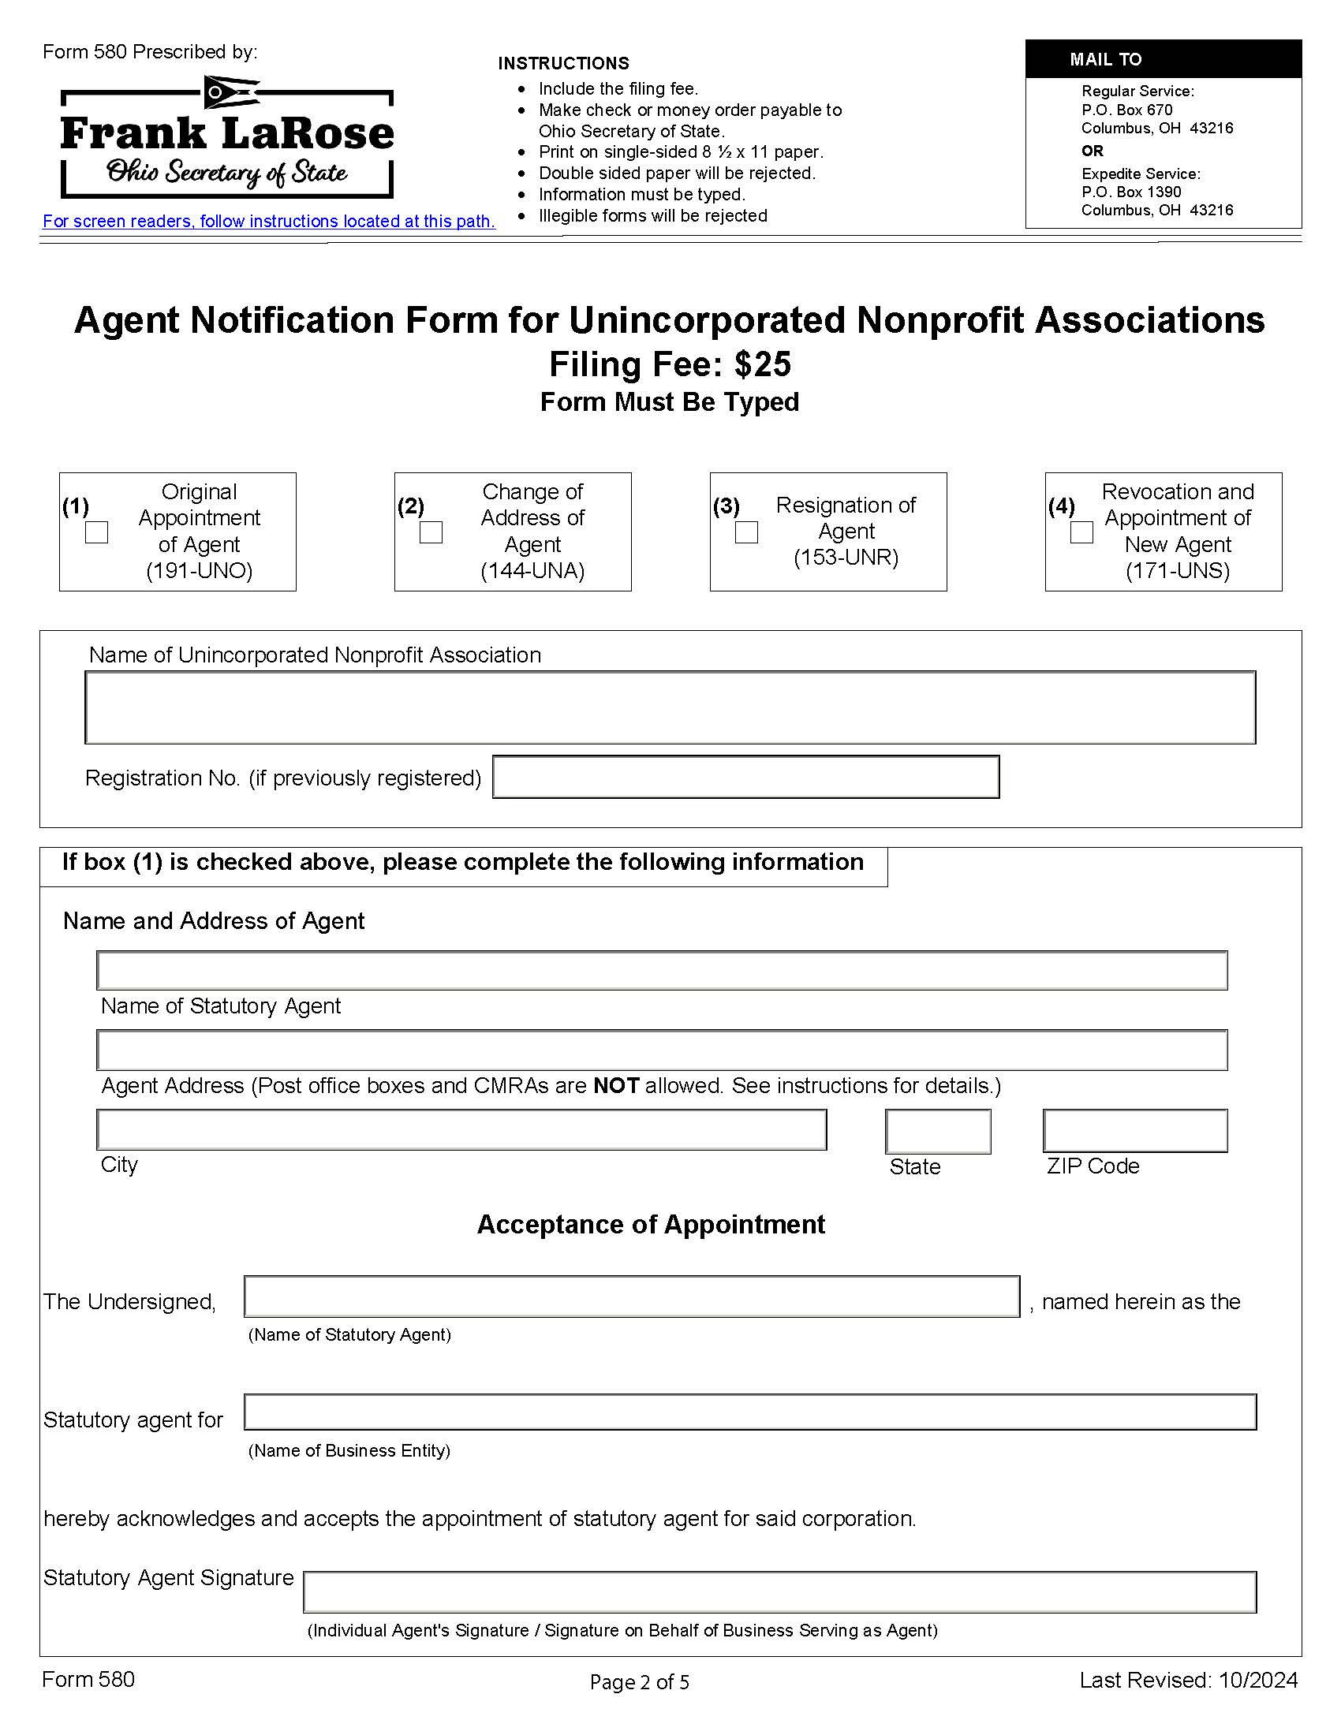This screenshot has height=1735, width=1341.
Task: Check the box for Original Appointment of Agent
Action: (x=96, y=532)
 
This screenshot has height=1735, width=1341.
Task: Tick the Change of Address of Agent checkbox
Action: (x=431, y=532)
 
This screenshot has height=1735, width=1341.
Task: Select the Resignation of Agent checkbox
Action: (x=746, y=532)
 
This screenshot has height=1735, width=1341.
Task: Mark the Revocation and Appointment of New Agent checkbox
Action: (x=1081, y=532)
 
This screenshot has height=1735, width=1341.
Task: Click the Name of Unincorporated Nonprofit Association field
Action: (x=670, y=707)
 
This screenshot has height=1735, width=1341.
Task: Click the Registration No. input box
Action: (x=745, y=776)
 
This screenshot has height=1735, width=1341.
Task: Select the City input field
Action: (x=461, y=1129)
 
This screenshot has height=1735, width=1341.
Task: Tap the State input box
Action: (x=937, y=1130)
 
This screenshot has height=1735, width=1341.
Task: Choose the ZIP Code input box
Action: (x=1134, y=1130)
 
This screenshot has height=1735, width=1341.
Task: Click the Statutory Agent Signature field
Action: (x=779, y=1592)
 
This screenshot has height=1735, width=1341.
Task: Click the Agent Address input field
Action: (x=662, y=1050)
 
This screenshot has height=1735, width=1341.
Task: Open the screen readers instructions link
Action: (x=268, y=222)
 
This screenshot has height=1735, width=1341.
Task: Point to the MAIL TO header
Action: (x=1105, y=60)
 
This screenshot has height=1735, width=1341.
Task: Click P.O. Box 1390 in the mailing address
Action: (x=1130, y=192)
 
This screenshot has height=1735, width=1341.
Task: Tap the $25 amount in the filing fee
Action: (x=762, y=364)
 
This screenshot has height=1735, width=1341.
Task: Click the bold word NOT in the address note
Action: (x=616, y=1086)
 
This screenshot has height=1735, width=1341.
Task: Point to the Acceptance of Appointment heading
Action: (x=651, y=1224)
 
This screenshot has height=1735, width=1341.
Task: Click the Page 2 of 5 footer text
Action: (x=640, y=1682)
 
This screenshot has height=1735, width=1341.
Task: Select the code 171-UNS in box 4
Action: (x=1178, y=570)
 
